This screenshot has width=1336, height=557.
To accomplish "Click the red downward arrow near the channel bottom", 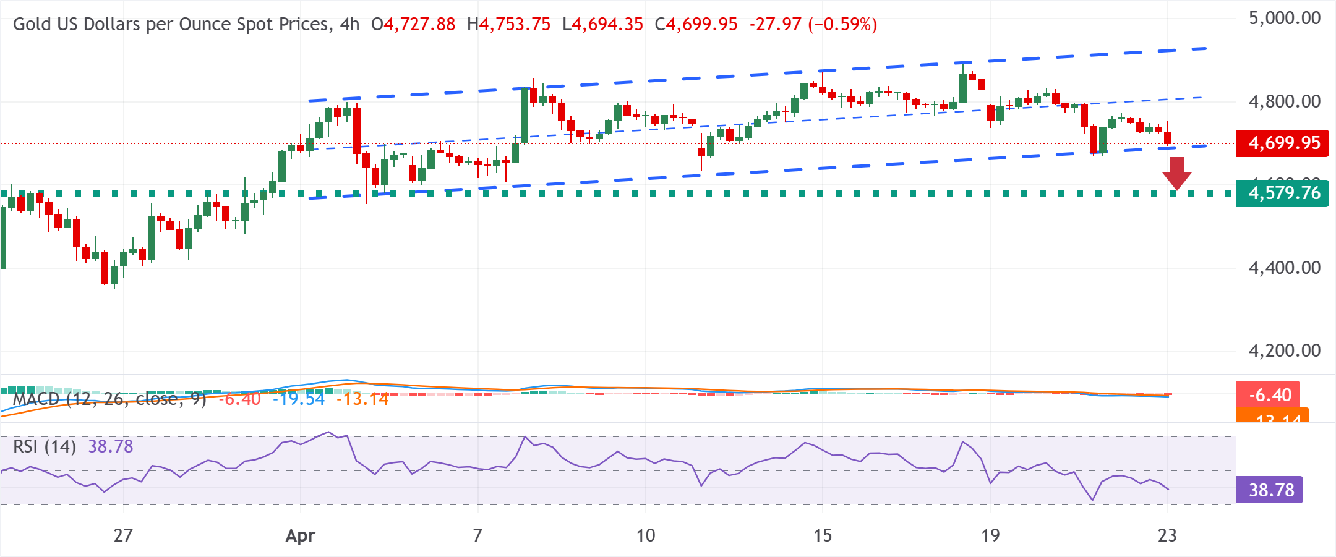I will (x=1176, y=174).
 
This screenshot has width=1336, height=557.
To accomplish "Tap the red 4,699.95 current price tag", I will (x=1282, y=143).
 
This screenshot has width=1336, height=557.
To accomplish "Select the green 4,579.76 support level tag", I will (x=1282, y=193).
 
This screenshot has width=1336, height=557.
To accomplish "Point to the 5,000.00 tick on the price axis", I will (x=1284, y=18).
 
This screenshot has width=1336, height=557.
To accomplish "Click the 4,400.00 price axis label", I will (x=1284, y=268).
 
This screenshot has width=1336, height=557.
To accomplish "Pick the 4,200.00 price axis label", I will (x=1284, y=351).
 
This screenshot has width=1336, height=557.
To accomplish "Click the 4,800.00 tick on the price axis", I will (x=1284, y=101).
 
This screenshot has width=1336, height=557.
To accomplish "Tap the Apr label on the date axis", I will (x=301, y=535).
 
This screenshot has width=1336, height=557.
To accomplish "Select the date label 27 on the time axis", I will (x=123, y=535).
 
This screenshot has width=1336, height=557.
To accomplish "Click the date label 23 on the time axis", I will (x=1167, y=535).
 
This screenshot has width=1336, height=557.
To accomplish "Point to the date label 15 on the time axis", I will (x=822, y=535).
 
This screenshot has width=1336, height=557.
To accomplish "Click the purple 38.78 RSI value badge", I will (x=1271, y=490).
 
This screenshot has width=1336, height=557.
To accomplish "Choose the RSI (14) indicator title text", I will (x=45, y=446).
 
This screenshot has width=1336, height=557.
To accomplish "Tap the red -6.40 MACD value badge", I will (x=1270, y=395).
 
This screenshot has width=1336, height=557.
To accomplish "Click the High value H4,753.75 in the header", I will (x=508, y=25).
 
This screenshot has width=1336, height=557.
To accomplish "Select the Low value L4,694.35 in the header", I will (x=602, y=25).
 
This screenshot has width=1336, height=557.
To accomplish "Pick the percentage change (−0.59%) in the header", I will (x=842, y=25).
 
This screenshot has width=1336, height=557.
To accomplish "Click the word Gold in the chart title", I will (x=30, y=25).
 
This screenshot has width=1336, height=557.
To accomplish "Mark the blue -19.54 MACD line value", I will (x=299, y=399).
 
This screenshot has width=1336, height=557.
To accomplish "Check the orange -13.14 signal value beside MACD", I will (x=362, y=399).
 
